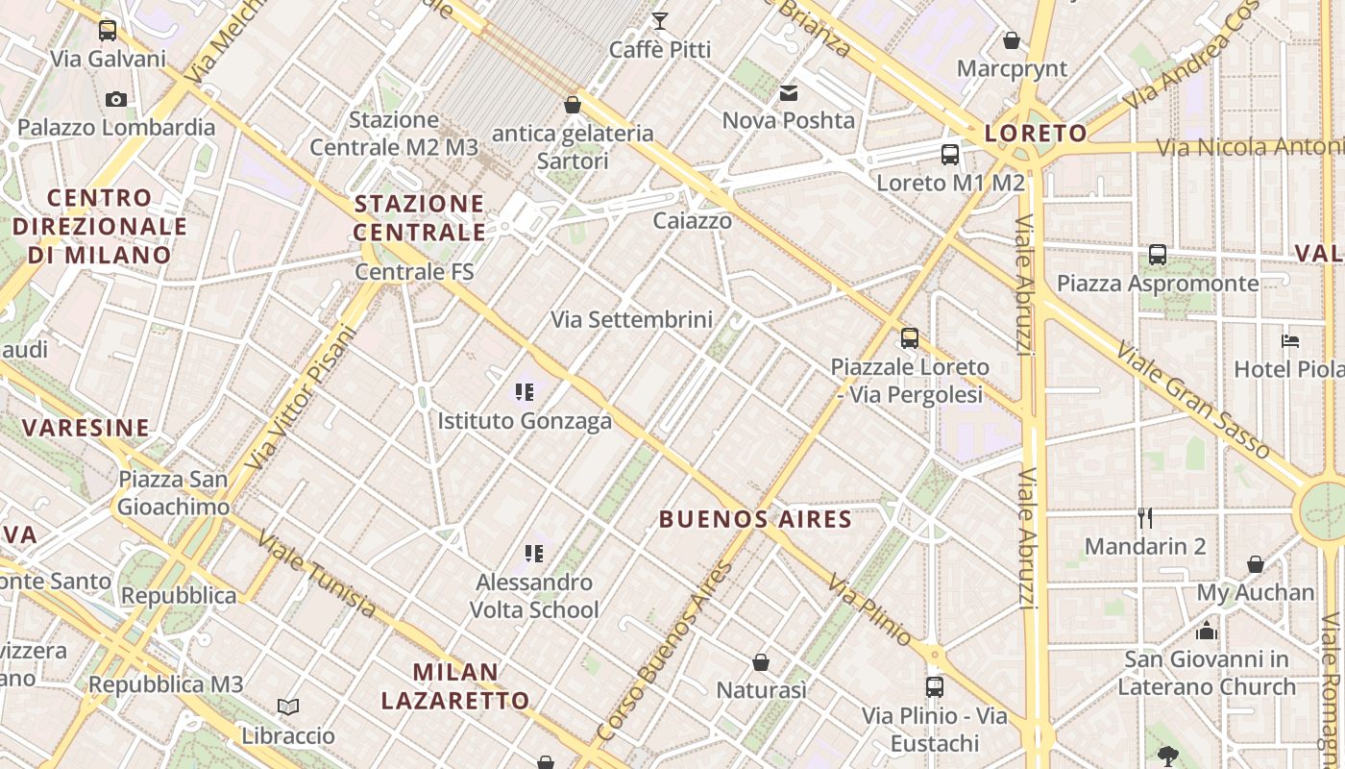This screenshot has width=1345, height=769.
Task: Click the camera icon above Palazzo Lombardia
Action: click(x=116, y=99)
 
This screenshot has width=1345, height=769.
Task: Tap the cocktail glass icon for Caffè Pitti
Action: click(x=660, y=20)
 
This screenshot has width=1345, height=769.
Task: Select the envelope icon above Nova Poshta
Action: click(x=789, y=93)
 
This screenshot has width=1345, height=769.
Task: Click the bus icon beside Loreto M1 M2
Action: click(x=950, y=154)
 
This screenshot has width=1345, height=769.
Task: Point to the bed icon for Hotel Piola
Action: click(x=1290, y=341)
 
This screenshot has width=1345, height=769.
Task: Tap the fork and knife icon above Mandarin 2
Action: click(x=1144, y=518)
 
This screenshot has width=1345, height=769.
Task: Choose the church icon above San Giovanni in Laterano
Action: click(x=1207, y=631)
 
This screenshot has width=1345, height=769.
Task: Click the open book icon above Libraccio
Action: click(x=288, y=707)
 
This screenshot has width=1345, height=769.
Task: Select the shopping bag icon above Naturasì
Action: click(x=761, y=662)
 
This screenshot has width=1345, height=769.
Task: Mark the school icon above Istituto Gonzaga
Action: click(x=525, y=392)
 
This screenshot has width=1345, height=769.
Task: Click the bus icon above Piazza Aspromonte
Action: click(x=1158, y=255)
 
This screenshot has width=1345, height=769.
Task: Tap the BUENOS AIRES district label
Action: click(x=755, y=520)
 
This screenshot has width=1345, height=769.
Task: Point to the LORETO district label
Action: click(x=1036, y=134)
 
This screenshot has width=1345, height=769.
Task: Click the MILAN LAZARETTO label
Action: click(x=455, y=686)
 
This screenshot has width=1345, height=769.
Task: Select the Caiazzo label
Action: click(x=692, y=221)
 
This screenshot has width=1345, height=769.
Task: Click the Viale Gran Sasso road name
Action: click(x=1191, y=398)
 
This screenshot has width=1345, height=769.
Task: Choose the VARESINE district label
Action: click(x=86, y=428)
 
